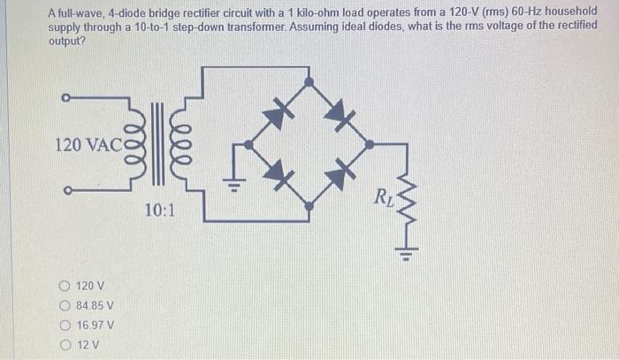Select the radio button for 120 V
[x=65, y=286]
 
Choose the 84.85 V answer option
[x=65, y=305]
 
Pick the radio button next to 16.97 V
[x=65, y=325]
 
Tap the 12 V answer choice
[x=65, y=344]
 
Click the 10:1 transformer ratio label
[x=161, y=211]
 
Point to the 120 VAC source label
[x=81, y=143]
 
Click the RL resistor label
[x=385, y=195]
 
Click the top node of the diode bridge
[x=308, y=80]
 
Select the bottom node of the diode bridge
[x=308, y=205]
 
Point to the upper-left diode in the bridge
[x=278, y=111]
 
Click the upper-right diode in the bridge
[x=338, y=111]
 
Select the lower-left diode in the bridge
[x=278, y=172]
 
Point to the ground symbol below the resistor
[x=404, y=258]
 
